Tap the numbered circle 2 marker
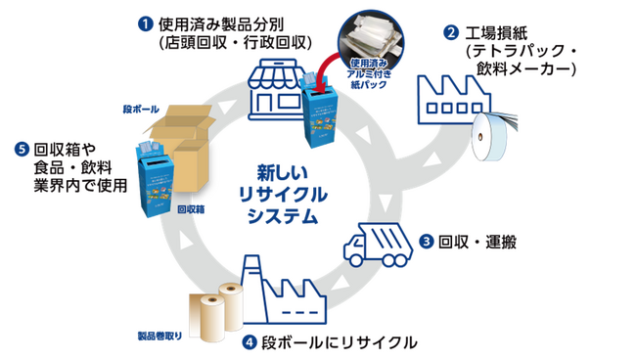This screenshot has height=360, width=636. [451, 31]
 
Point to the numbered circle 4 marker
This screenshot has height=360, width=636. [250, 343]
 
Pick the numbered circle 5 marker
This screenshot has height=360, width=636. [21, 150]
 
